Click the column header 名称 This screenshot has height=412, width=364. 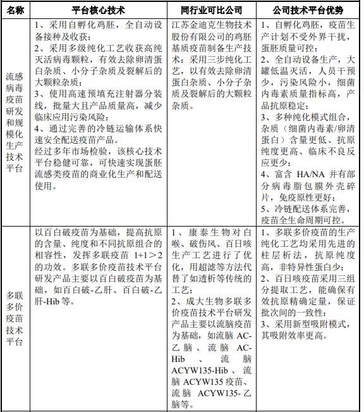[16, 11]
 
